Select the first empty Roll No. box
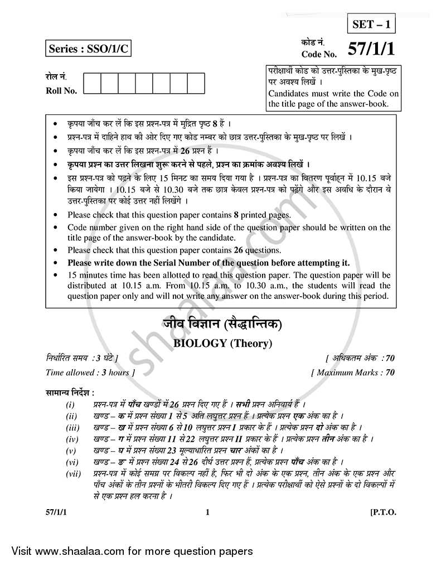[93, 83]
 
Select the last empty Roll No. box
[196, 83]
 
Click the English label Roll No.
[62, 91]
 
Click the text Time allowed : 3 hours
[89, 373]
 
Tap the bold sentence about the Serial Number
[209, 263]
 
